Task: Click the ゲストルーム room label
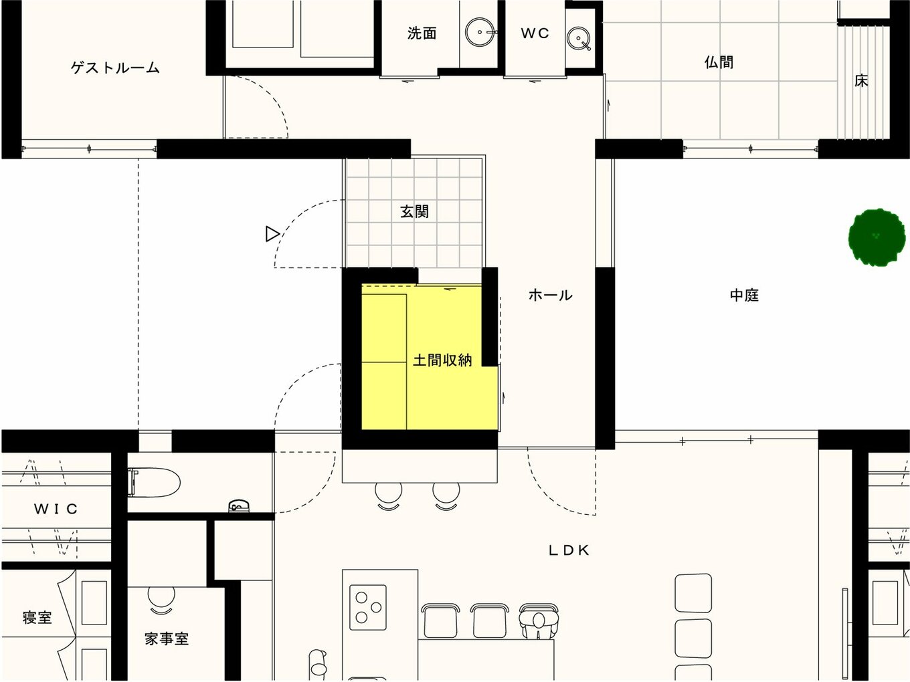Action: [115, 67]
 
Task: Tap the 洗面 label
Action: [422, 33]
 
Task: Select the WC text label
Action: [535, 33]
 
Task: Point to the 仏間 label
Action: [719, 62]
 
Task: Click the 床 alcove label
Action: [861, 81]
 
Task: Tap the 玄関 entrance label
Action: [415, 211]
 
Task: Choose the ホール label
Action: [550, 295]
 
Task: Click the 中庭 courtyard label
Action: [744, 295]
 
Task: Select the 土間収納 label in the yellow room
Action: [442, 360]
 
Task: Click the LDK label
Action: [568, 550]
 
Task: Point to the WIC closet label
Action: [56, 509]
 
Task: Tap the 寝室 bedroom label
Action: [37, 618]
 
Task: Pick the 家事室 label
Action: [167, 639]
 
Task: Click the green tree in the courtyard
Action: [877, 237]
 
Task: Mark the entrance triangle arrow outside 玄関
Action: [272, 234]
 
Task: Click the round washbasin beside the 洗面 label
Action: [480, 32]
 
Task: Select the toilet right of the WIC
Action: [154, 483]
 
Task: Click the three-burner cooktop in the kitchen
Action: [368, 608]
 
